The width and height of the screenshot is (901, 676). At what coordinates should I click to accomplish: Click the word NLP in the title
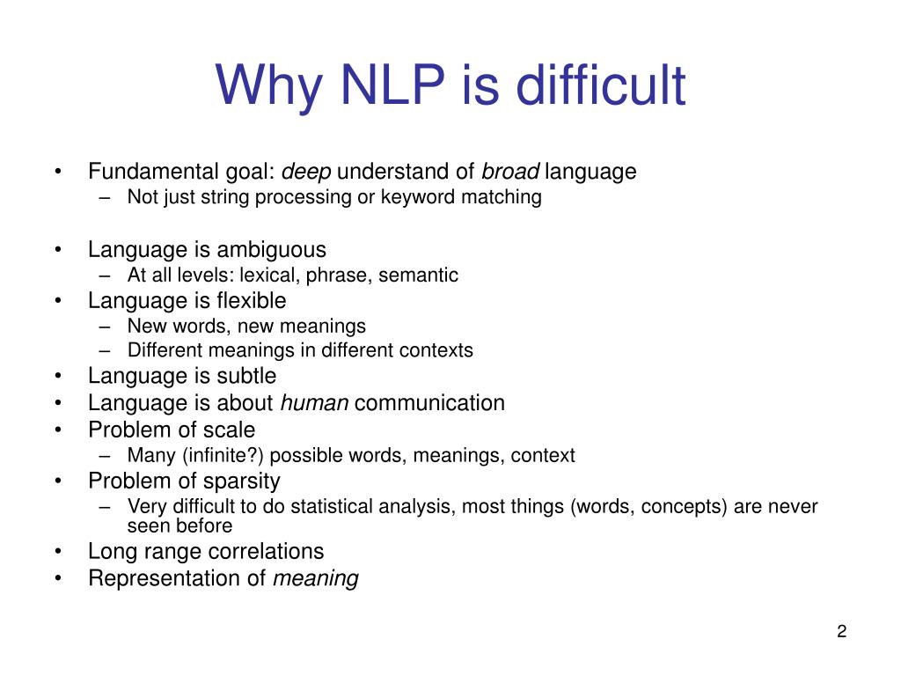pos(393,85)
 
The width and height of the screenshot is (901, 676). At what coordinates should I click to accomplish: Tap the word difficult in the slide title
pos(600,85)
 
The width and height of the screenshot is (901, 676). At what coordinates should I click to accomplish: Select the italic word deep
pos(305,172)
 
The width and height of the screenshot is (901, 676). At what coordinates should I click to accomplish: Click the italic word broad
pos(510,172)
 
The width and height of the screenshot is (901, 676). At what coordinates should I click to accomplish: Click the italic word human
pos(314,403)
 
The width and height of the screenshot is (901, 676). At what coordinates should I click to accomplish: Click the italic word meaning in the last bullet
pos(316,579)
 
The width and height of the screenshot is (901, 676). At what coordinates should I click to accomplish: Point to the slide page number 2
pos(842,631)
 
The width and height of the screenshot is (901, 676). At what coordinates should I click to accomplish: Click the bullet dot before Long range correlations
pos(57,552)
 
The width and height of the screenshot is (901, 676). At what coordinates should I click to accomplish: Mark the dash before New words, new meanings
pos(105,327)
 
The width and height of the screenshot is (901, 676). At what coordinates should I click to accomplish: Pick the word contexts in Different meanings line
pos(436,350)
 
